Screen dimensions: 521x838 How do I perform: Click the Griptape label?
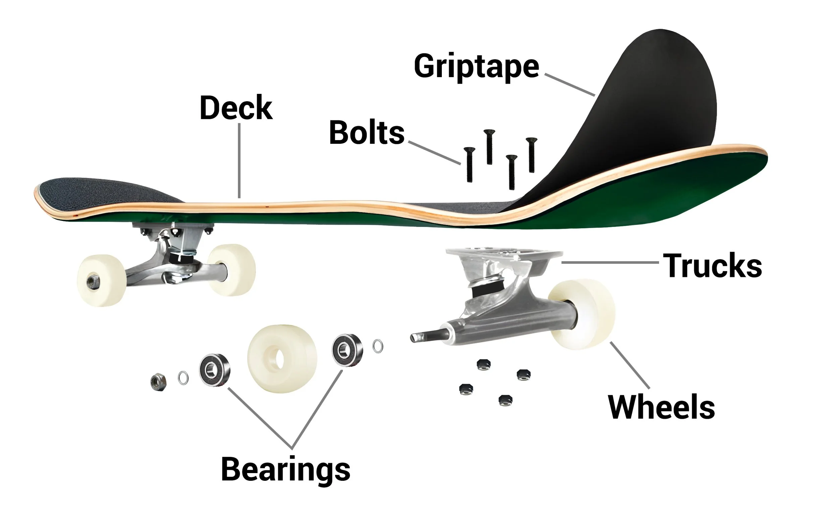(x=476, y=66)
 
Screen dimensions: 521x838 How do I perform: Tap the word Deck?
(x=236, y=108)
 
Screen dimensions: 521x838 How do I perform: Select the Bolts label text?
(x=366, y=133)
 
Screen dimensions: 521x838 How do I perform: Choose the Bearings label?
(x=286, y=469)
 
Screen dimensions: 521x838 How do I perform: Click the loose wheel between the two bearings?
(x=282, y=358)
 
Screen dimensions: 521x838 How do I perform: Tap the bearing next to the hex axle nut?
(x=215, y=370)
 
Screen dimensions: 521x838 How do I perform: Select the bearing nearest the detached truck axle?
(x=347, y=350)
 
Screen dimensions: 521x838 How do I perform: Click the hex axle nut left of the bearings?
(x=159, y=382)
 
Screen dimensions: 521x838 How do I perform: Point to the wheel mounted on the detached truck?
(x=581, y=314)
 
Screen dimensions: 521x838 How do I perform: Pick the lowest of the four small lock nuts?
(x=505, y=400)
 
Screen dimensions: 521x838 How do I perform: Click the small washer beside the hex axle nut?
(x=183, y=378)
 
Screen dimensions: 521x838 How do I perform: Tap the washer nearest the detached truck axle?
(x=378, y=346)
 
